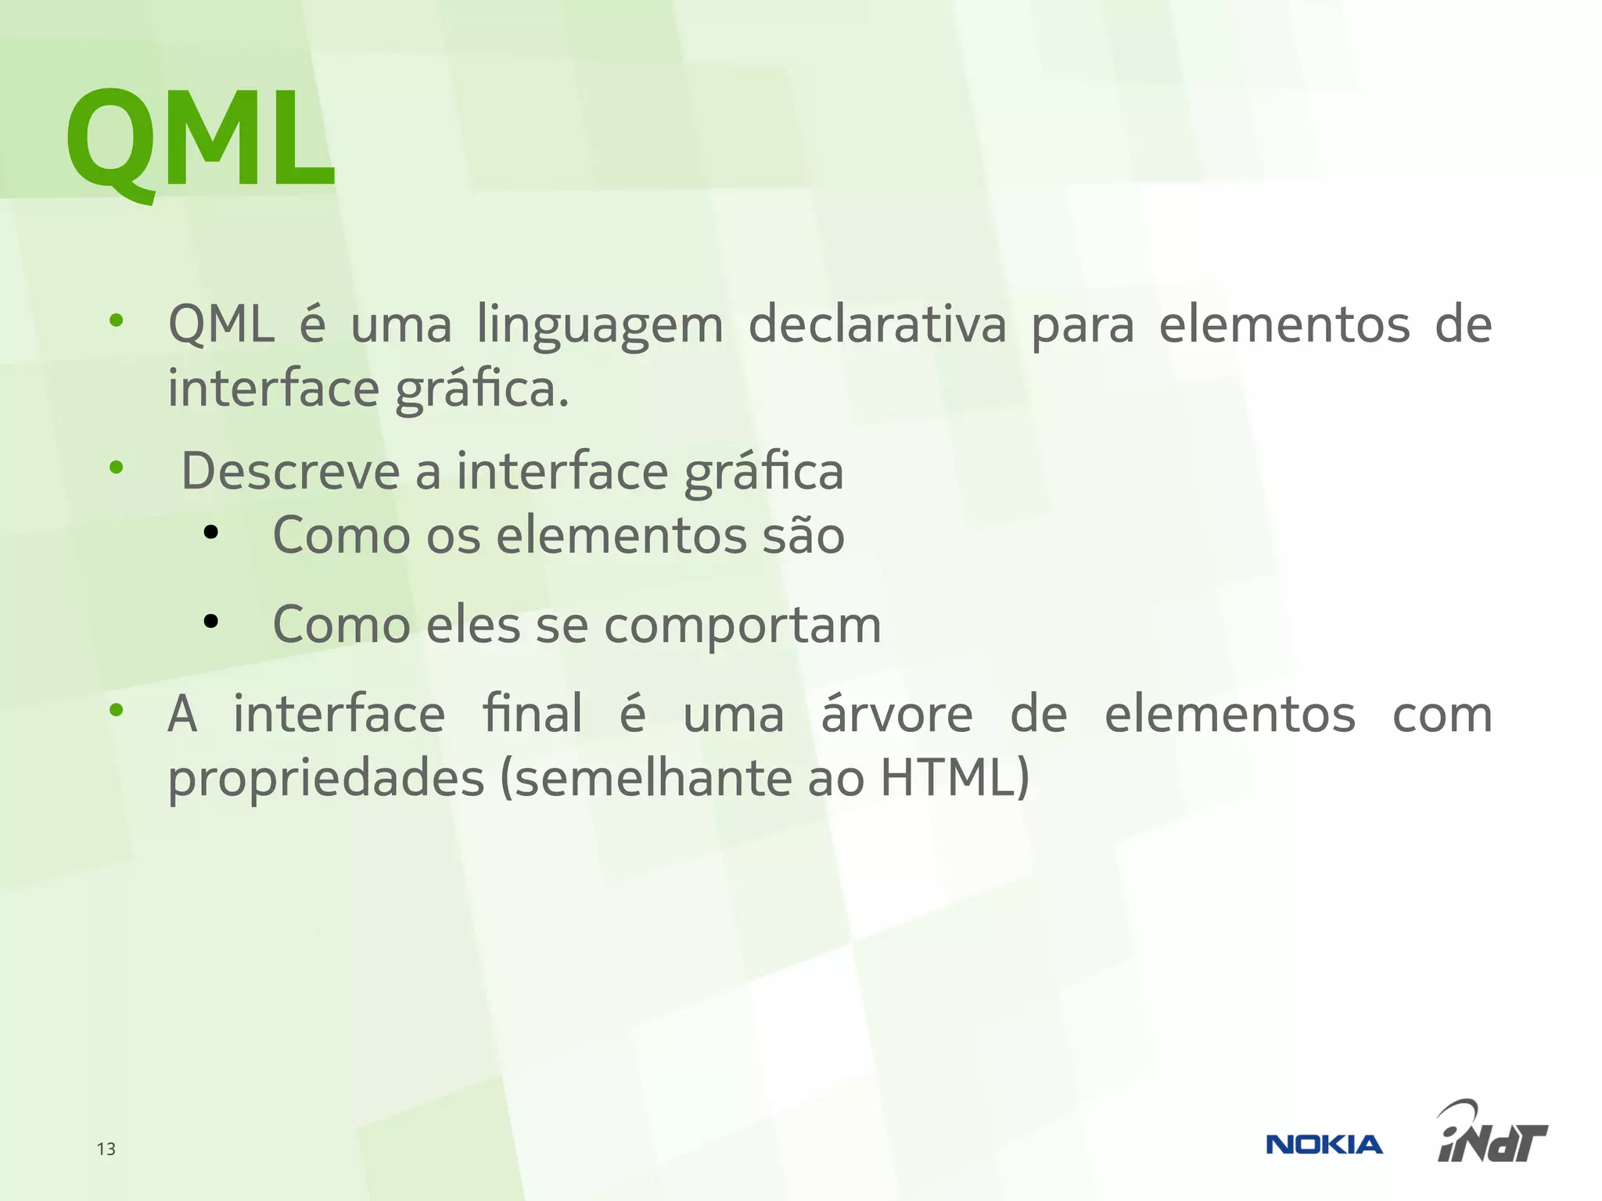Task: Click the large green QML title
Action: click(200, 141)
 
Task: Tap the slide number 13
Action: click(106, 1149)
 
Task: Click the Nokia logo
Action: click(1324, 1145)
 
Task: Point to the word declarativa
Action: click(877, 324)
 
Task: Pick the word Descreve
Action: click(290, 471)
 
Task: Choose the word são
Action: click(803, 536)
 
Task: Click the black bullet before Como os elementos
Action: click(210, 533)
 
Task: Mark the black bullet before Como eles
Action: click(210, 622)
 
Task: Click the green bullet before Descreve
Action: click(117, 468)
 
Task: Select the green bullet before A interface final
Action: click(117, 710)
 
